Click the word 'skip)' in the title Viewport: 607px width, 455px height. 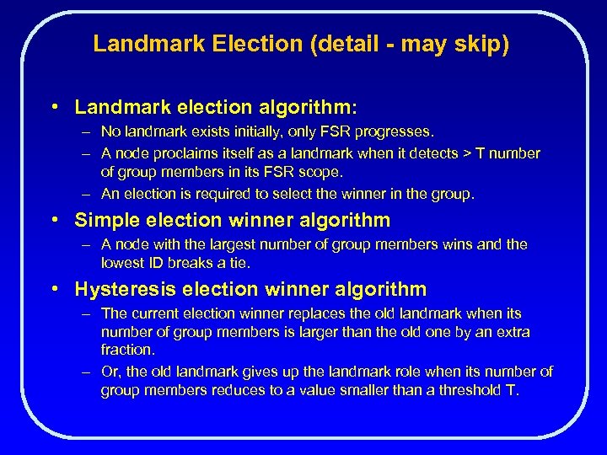pos(485,44)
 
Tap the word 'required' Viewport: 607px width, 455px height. pos(220,194)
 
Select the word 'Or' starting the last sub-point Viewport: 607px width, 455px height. pos(110,372)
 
